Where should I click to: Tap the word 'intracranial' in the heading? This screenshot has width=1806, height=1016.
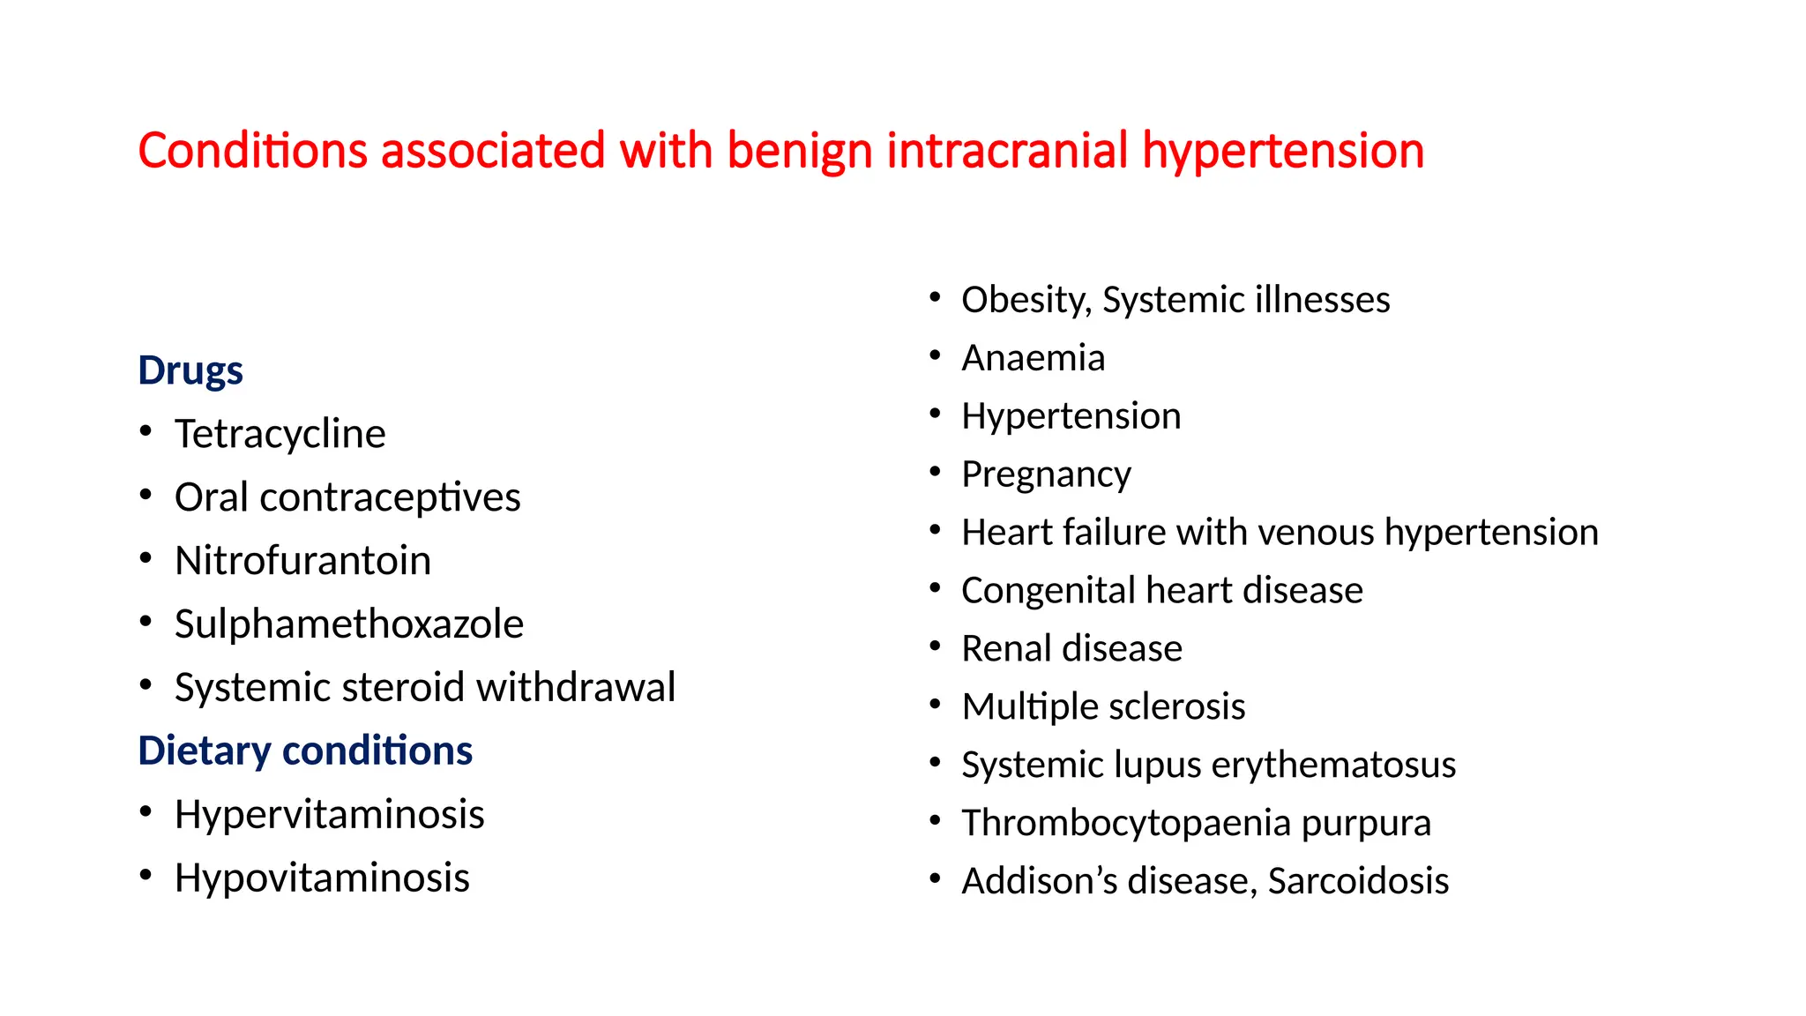tap(1007, 150)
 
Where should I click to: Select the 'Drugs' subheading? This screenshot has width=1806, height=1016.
tap(190, 371)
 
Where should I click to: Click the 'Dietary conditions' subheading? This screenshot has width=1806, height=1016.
tap(305, 751)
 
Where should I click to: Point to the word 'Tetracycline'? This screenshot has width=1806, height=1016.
tap(280, 434)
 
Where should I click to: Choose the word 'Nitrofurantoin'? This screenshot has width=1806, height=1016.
tap(303, 561)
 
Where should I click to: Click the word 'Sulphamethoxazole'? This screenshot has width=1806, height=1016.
tap(349, 624)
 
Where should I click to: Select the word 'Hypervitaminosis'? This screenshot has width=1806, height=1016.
tap(330, 815)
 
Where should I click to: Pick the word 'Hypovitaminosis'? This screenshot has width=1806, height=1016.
tap(323, 878)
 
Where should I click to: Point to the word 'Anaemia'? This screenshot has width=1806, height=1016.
tap(1034, 358)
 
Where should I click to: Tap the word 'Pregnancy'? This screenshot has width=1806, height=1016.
tap(1047, 475)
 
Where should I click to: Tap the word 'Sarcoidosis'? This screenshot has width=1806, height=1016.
tap(1359, 881)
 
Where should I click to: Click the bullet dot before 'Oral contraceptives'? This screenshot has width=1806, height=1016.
tap(146, 495)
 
